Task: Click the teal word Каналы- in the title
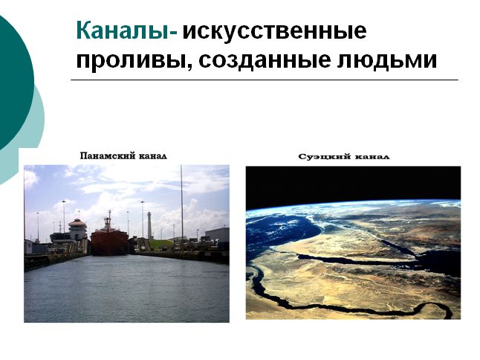(127, 30)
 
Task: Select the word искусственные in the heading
(274, 31)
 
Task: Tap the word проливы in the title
(134, 60)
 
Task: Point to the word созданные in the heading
(265, 60)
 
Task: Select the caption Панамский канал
(123, 156)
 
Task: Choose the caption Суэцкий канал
(344, 157)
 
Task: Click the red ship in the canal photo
(109, 242)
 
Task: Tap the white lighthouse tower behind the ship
(149, 225)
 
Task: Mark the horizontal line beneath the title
(265, 80)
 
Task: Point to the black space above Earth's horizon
(353, 183)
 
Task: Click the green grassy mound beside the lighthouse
(160, 245)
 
